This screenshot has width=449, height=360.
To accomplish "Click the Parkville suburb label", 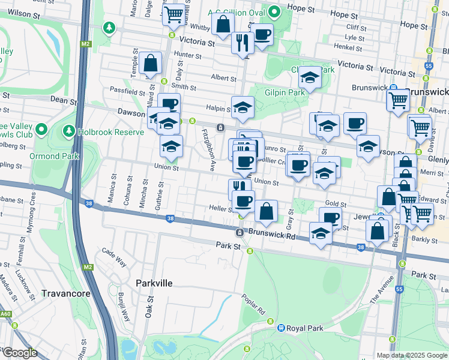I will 154,283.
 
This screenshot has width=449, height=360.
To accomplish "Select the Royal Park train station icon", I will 280,328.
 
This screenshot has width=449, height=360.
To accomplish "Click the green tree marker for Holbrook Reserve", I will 69,130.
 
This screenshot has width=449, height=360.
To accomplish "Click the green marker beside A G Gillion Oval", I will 274,11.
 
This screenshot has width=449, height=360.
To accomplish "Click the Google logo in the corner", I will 19,353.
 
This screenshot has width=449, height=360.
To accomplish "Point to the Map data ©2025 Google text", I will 412,355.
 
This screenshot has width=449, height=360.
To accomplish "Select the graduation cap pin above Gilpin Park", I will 310,78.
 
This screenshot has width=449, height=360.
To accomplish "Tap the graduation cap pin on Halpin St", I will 243,108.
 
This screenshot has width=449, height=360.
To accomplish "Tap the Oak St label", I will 149,306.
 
